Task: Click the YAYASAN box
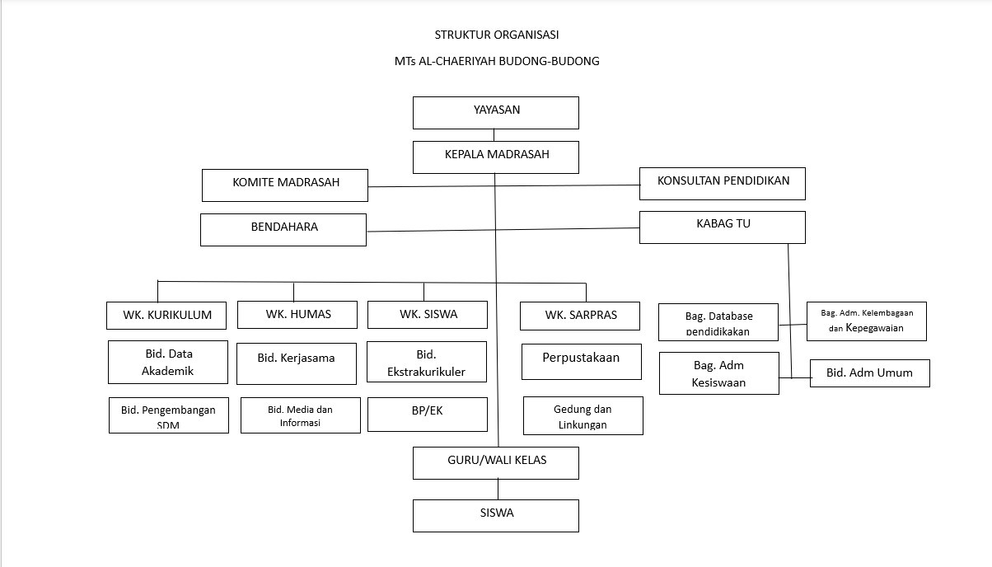[496, 112]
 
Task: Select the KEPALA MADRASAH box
[496, 157]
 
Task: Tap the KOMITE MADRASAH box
[285, 185]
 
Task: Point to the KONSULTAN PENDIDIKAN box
[723, 183]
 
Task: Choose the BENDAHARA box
[283, 229]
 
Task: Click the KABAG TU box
[723, 227]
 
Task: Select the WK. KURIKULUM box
[166, 315]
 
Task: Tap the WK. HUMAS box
[297, 314]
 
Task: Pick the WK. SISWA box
[428, 314]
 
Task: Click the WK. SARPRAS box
[581, 315]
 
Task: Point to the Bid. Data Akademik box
[168, 362]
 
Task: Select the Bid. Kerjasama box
[297, 363]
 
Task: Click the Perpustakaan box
[581, 361]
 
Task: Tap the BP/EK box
[427, 415]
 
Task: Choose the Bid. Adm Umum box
[869, 373]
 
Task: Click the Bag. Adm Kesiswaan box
[719, 373]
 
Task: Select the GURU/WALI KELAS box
[496, 462]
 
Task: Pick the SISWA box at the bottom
[496, 515]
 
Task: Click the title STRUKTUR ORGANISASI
[497, 35]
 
